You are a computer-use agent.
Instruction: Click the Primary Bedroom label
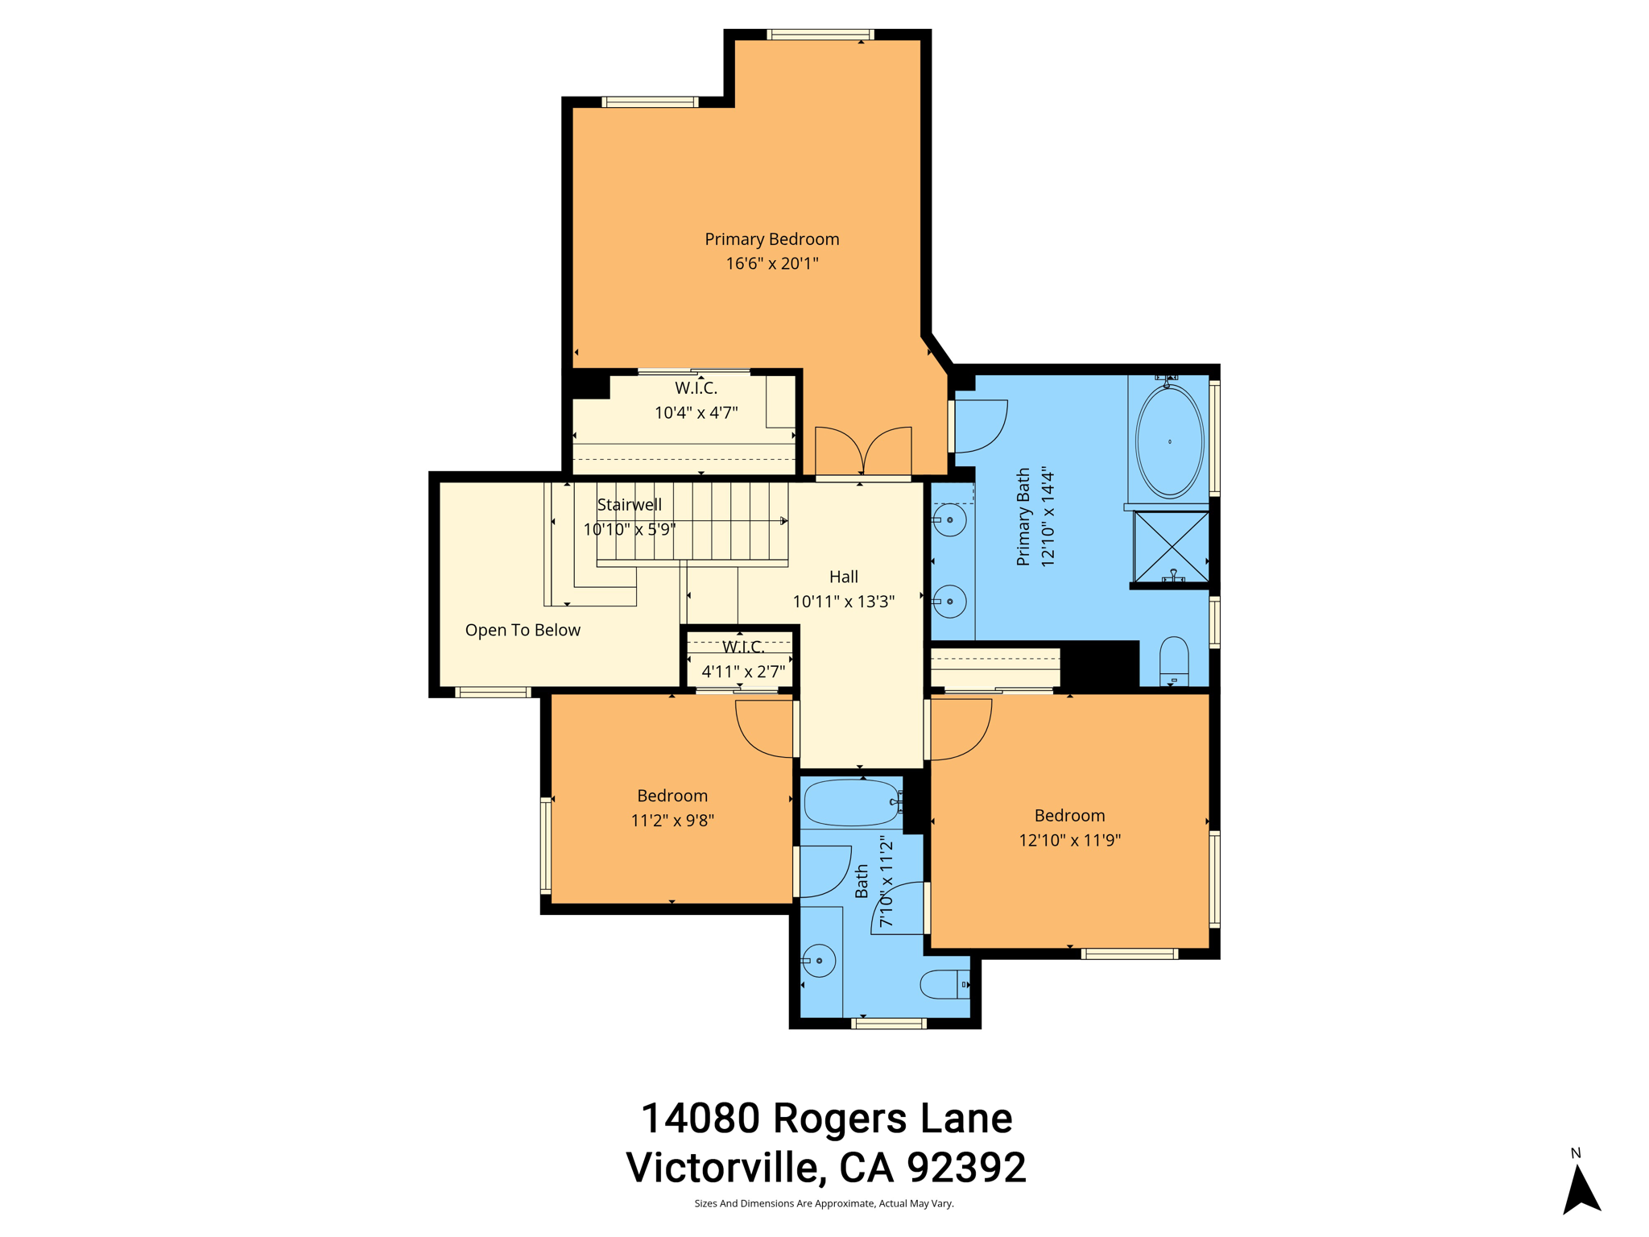(771, 239)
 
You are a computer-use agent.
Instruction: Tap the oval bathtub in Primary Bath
(1169, 441)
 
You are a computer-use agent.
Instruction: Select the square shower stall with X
(1171, 546)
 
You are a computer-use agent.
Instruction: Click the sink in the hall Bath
(819, 960)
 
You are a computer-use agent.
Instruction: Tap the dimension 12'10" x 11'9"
(1069, 840)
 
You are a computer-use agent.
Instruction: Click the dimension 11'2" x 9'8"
(672, 821)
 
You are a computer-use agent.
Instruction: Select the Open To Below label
(523, 630)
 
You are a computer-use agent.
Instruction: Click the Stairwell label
(629, 505)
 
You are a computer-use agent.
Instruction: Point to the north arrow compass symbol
(1581, 1190)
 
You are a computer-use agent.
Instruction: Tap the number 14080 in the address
(700, 1118)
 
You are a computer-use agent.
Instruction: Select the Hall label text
(843, 577)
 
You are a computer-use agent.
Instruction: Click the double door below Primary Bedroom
(863, 452)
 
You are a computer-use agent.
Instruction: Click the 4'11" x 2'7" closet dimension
(742, 671)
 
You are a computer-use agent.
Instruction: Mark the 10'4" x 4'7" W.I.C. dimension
(696, 413)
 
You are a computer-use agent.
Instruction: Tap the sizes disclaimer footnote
(824, 1204)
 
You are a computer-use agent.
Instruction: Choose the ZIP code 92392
(966, 1167)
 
